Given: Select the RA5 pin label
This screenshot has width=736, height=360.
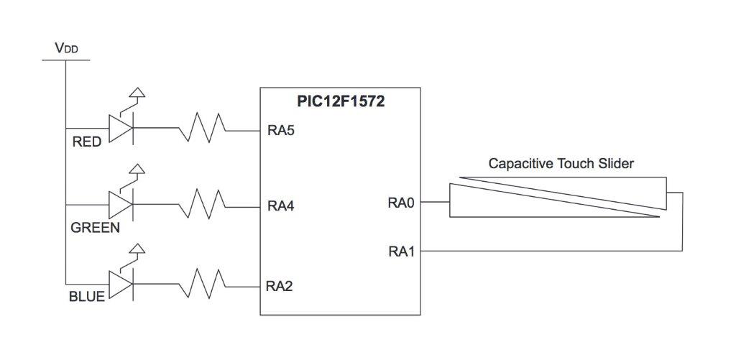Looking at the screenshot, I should pos(281,131).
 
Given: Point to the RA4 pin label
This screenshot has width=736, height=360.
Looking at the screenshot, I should pos(281,206).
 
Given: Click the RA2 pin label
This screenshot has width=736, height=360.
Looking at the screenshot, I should pos(281,285).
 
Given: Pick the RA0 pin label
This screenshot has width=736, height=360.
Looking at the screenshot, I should pos(401,203).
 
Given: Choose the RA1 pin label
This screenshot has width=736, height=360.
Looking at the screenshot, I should pos(401,251).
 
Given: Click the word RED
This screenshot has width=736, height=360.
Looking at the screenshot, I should pos(87,142).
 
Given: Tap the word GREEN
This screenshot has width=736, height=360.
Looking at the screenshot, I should pos(95,228).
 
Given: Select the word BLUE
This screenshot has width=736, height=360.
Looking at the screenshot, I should pos(87,296).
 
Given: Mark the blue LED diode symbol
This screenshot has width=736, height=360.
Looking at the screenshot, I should pos(120,282).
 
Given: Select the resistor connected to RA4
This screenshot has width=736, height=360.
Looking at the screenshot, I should pos(203,205).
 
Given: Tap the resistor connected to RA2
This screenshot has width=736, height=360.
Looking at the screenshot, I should pos(203,283).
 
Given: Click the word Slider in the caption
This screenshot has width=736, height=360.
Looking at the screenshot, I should pos(616,164).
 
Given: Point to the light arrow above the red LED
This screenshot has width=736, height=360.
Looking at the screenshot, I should pos(136,95).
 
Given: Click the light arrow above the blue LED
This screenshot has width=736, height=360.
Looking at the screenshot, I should pos(136,251).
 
